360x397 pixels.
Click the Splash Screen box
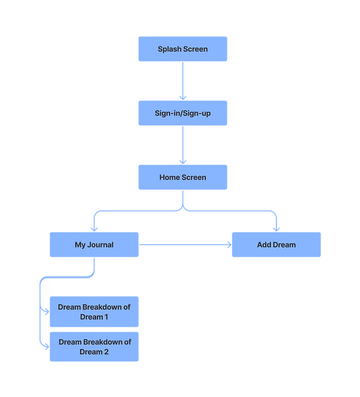pos(182,49)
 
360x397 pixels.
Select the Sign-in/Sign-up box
pos(182,113)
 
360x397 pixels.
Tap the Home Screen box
pos(182,177)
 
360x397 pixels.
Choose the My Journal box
pos(94,245)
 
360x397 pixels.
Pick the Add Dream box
pos(276,245)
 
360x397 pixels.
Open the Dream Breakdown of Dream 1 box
pos(94,312)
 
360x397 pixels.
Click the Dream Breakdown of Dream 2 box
pos(94,347)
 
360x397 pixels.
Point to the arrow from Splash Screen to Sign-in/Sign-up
pos(183,80)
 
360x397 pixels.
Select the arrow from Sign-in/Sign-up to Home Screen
pos(183,145)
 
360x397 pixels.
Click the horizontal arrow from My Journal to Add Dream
pos(184,245)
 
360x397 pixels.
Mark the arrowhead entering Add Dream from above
pos(276,227)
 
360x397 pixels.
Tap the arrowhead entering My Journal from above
pos(94,227)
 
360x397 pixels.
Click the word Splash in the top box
pos(169,49)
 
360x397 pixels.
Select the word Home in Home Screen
pos(170,177)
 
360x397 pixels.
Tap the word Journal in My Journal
pos(101,245)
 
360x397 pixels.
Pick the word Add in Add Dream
pos(264,245)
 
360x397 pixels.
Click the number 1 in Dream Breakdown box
pos(107,317)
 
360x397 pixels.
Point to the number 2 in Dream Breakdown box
pos(107,352)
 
